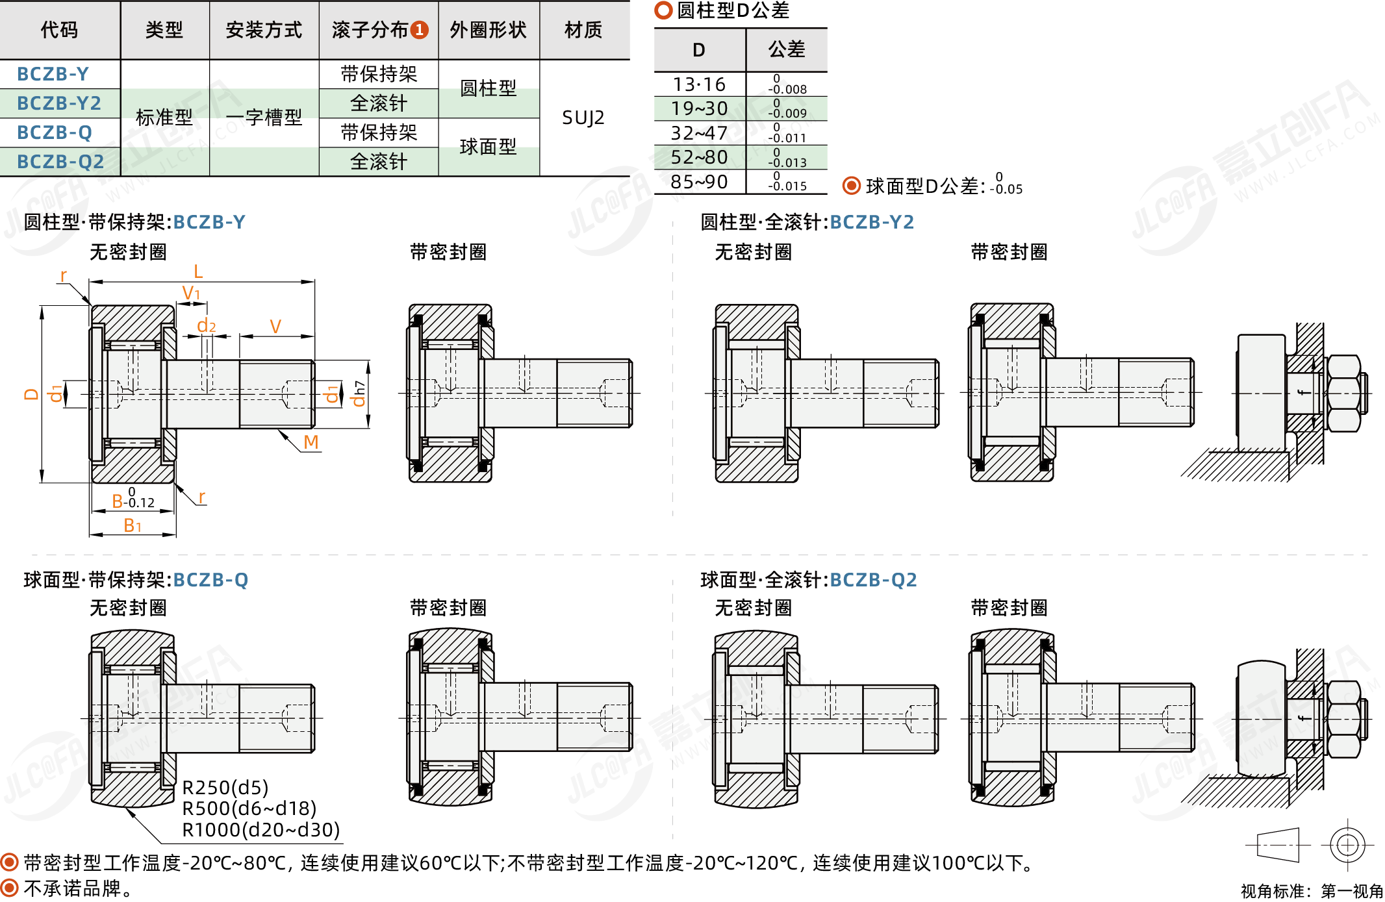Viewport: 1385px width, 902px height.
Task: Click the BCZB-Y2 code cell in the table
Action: coord(59,103)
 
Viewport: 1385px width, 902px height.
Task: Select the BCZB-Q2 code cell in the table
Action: coord(60,162)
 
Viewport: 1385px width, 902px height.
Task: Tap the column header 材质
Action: coord(583,30)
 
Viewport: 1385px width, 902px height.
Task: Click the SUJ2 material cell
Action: coord(583,118)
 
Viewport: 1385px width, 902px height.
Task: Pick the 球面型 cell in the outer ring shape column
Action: coord(488,147)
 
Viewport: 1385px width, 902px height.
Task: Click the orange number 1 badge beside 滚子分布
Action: coord(420,30)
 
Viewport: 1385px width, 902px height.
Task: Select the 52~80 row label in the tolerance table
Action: coord(699,157)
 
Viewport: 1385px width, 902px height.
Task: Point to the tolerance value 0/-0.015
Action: coord(787,182)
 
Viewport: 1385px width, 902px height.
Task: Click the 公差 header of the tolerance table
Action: coord(787,49)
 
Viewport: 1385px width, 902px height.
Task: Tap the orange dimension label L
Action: coord(198,271)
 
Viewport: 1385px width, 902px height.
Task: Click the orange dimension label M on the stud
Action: coord(311,442)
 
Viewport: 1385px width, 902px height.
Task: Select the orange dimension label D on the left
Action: coord(31,394)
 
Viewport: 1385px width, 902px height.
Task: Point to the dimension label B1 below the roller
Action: coord(133,525)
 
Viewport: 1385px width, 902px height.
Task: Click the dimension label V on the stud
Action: coord(275,326)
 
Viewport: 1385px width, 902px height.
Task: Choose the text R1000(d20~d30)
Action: coord(261,830)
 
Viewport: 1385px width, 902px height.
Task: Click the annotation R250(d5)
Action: coord(225,788)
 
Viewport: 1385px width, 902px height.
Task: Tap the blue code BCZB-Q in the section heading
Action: coord(211,580)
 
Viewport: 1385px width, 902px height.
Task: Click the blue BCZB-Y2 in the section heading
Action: coord(872,222)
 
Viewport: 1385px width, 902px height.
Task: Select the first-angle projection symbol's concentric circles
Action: coord(1348,845)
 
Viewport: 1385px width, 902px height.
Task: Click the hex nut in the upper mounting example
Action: coord(1345,394)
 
